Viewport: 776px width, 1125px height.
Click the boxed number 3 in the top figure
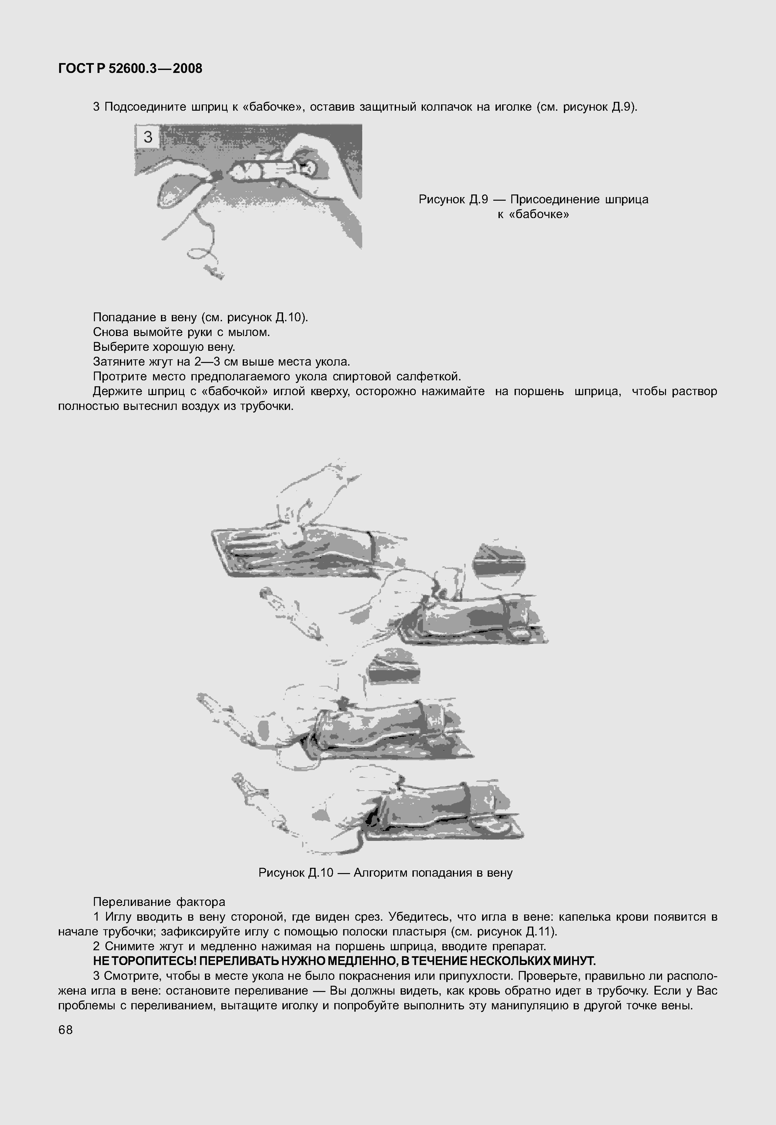pyautogui.click(x=148, y=137)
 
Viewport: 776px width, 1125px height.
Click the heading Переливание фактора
pyautogui.click(x=159, y=902)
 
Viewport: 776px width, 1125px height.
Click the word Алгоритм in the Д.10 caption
pyautogui.click(x=381, y=873)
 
